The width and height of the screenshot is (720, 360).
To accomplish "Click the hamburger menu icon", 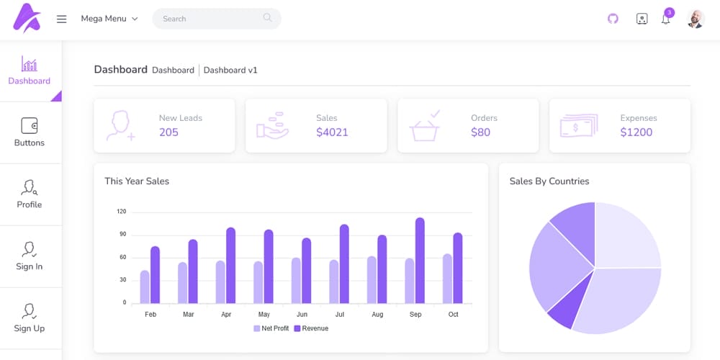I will pos(62,19).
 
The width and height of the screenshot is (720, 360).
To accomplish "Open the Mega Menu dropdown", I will pos(109,19).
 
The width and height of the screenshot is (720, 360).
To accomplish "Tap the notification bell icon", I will pos(665,19).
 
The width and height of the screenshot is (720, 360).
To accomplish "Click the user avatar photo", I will pos(696,19).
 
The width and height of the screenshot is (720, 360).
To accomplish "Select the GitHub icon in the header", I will pos(613,19).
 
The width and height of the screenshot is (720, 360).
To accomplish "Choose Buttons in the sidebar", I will pos(30,132).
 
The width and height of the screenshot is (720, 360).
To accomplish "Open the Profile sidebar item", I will pos(30,194).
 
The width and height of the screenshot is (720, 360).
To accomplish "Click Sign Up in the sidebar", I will pos(30,318).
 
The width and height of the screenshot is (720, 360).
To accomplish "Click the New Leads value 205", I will pos(168,132).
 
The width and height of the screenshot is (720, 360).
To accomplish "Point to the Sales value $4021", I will pos(332,132).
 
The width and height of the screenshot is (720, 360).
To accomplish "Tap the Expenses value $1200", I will pos(636,132).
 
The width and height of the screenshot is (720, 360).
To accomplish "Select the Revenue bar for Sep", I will pos(420,261).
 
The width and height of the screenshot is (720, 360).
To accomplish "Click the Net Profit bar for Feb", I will pos(145,287).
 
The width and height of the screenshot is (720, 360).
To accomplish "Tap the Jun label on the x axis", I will pos(302,315).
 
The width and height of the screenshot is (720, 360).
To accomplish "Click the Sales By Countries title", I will pos(549,181).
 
